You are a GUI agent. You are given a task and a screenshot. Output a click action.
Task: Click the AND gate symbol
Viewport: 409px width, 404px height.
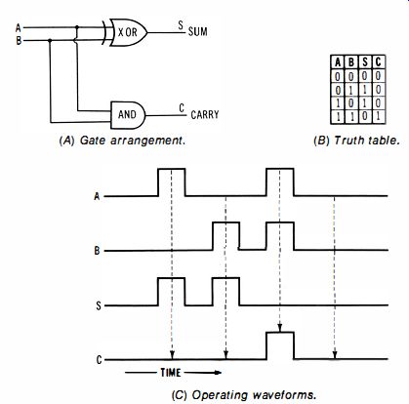[128, 115]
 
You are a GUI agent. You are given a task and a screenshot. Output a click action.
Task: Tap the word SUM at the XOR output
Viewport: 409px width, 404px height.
[198, 32]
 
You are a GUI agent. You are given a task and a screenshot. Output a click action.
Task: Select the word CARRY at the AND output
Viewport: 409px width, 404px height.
[205, 115]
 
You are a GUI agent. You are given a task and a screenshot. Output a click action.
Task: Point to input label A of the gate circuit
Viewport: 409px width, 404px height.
[19, 28]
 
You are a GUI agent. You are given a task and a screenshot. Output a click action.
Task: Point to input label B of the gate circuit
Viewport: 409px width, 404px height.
[19, 41]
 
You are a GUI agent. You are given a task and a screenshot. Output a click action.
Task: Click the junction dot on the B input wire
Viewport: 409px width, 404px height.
[50, 41]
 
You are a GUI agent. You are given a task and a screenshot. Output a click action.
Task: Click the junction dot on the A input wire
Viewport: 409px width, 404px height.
[77, 27]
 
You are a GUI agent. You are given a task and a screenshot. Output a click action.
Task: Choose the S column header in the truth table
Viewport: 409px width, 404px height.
[365, 61]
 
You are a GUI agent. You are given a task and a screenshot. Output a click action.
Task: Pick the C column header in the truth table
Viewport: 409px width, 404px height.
[378, 61]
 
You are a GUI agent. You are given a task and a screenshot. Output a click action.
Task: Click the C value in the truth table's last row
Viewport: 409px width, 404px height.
[378, 117]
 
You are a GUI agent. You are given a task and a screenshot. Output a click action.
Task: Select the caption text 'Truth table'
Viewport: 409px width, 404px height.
[366, 141]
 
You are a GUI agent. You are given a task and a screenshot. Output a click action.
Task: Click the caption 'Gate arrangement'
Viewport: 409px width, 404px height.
[133, 141]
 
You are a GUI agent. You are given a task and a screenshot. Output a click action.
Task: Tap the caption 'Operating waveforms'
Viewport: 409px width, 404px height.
[254, 395]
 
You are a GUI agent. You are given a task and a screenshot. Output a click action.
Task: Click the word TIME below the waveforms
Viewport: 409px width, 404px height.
[171, 373]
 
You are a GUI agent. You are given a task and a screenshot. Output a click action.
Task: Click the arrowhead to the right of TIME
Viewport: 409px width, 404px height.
[218, 373]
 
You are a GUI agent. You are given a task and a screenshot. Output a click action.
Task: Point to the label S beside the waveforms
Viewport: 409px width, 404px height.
[99, 305]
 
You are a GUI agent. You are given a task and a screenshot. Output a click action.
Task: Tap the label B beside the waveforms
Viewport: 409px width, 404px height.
[97, 251]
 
